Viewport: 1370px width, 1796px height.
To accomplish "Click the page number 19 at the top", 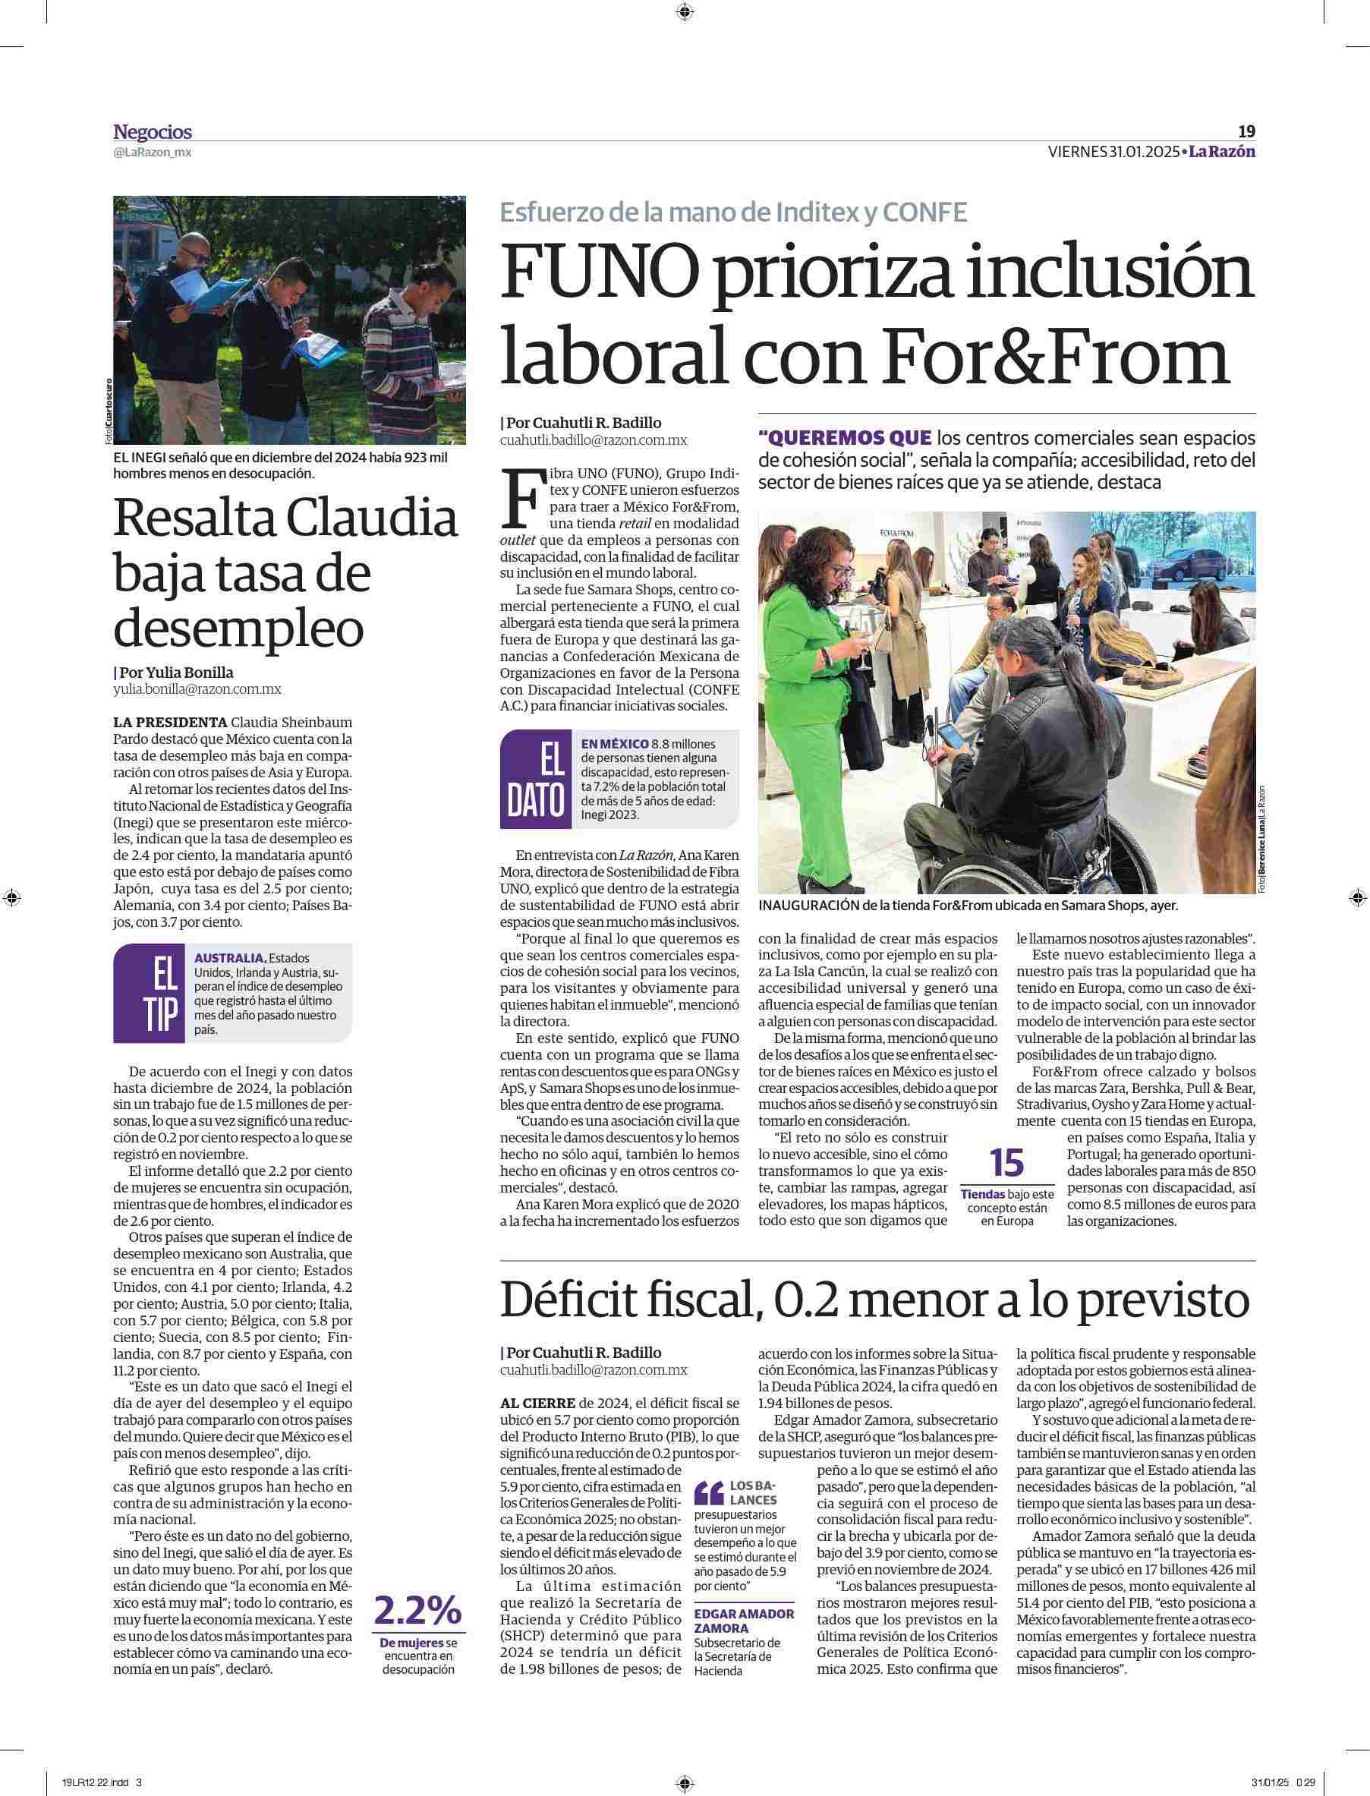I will tap(1246, 131).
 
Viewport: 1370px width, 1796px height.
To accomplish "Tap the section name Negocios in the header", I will tap(153, 132).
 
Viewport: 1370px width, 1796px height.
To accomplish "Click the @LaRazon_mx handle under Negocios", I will tap(153, 152).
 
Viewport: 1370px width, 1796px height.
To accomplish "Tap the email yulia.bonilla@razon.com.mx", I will tap(197, 689).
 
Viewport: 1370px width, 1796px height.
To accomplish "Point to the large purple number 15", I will tap(1006, 1161).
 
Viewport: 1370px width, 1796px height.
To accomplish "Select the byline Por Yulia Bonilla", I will tap(174, 672).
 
